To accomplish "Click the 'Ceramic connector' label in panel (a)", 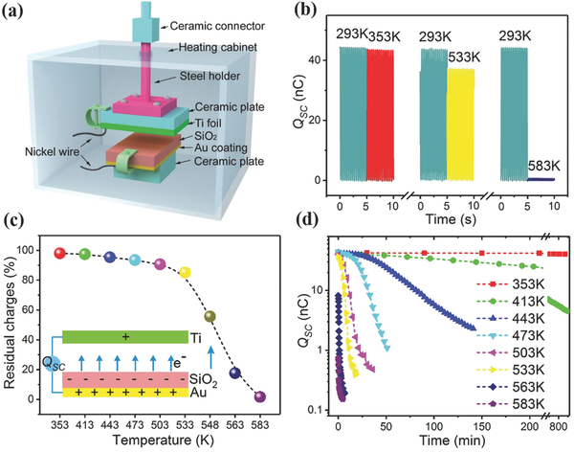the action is pyautogui.click(x=217, y=26).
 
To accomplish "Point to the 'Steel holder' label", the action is pyautogui.click(x=210, y=76).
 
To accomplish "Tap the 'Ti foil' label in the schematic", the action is pyautogui.click(x=208, y=123).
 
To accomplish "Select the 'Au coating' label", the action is pyautogui.click(x=220, y=147).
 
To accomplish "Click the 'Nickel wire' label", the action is pyautogui.click(x=52, y=151).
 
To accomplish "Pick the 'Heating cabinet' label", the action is pyautogui.click(x=218, y=47).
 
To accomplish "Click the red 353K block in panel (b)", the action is pyautogui.click(x=381, y=115).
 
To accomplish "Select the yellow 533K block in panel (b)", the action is pyautogui.click(x=460, y=124).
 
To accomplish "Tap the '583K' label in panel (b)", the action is pyautogui.click(x=543, y=166).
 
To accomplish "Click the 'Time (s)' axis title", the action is pyautogui.click(x=451, y=219).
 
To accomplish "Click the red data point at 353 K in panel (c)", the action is pyautogui.click(x=59, y=254).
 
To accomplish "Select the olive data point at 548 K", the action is pyautogui.click(x=210, y=316).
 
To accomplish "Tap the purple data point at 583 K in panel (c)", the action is pyautogui.click(x=260, y=397).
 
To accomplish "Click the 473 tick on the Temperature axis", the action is pyautogui.click(x=135, y=425).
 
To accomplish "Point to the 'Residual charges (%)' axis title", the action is pyautogui.click(x=12, y=318).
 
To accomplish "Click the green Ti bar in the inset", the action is pyautogui.click(x=125, y=337).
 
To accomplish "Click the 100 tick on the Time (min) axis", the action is pyautogui.click(x=434, y=427).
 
